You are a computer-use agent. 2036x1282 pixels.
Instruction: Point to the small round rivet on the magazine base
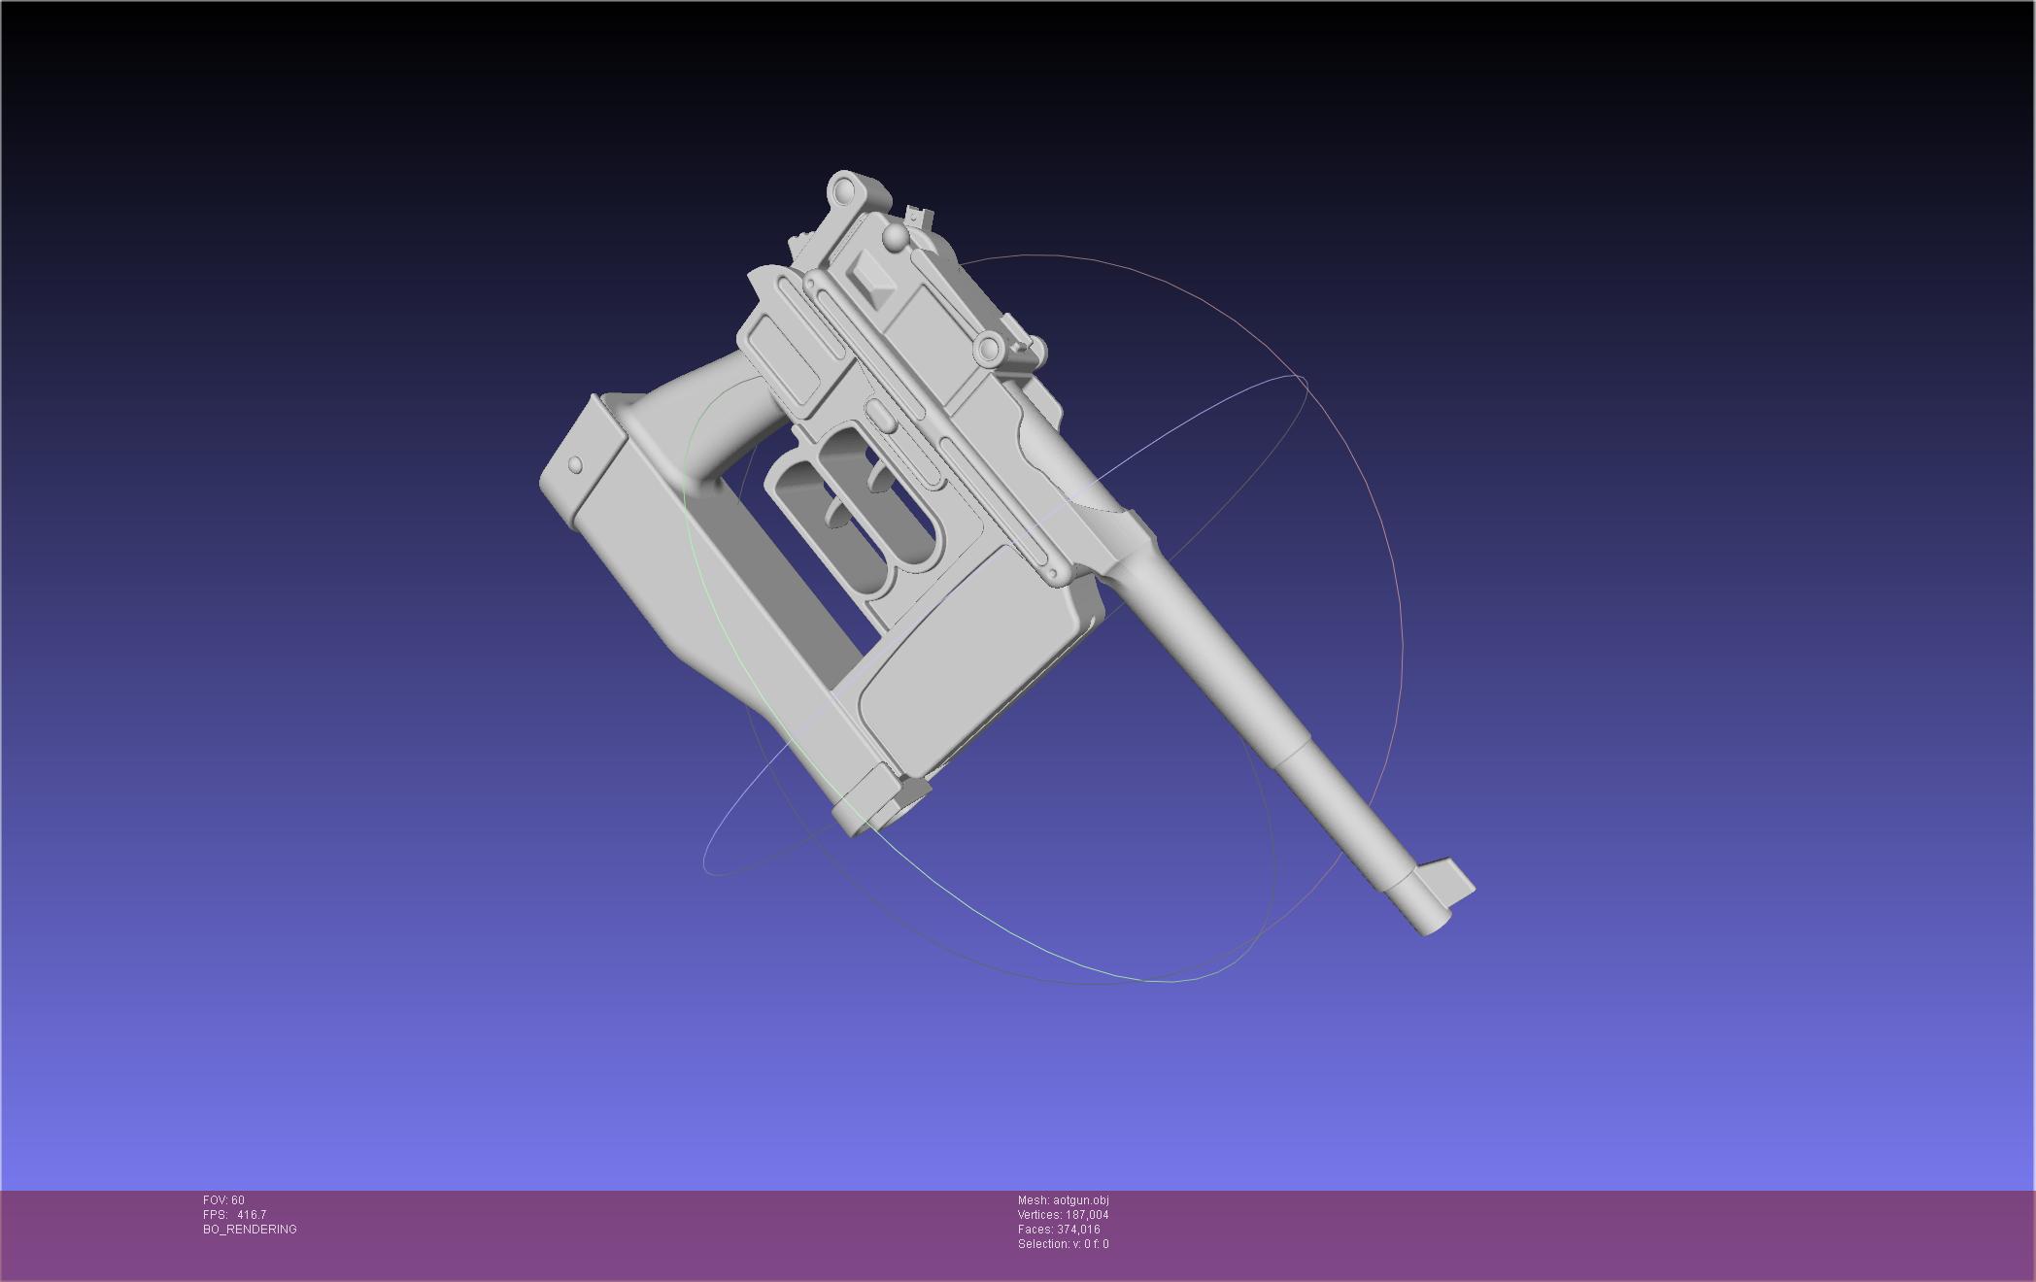(575, 465)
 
